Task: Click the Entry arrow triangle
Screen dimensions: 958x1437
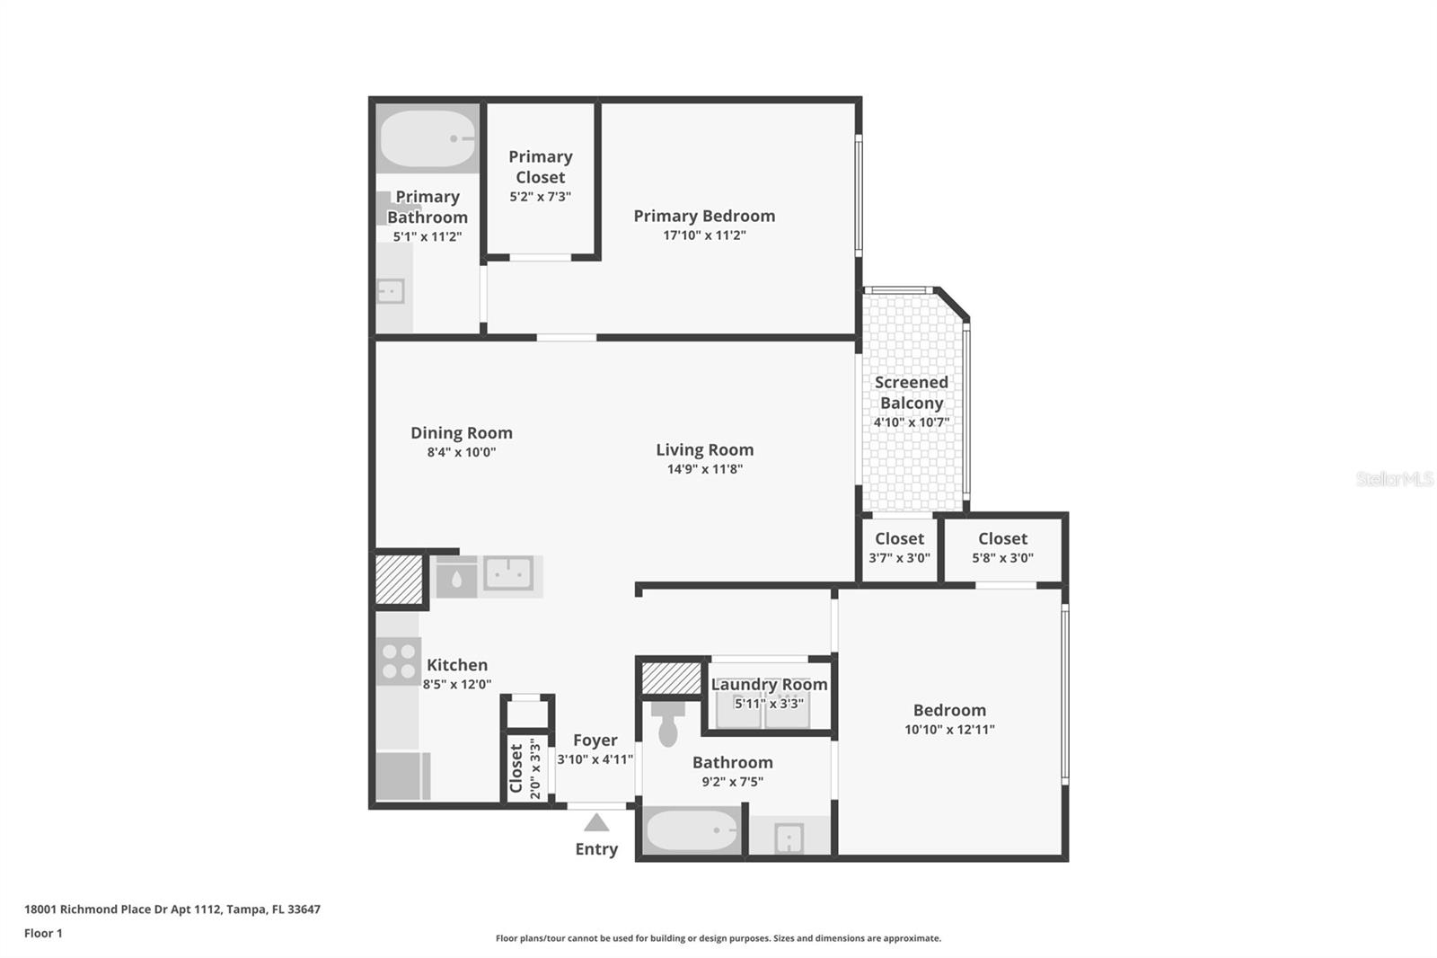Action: (596, 823)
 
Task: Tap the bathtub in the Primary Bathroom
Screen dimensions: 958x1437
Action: (428, 139)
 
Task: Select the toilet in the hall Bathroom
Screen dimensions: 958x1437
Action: (667, 724)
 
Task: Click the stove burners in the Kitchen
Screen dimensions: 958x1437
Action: (398, 661)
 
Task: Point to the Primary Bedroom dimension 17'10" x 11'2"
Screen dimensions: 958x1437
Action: (704, 235)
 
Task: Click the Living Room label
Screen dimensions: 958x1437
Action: (704, 449)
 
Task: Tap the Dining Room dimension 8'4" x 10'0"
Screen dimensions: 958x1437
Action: (461, 452)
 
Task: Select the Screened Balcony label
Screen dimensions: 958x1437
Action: (911, 393)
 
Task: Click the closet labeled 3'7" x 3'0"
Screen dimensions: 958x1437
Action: (899, 547)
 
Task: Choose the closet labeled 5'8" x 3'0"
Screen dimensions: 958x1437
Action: (1002, 547)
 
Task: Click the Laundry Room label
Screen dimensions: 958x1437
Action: (769, 685)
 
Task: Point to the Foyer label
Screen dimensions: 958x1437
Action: (595, 740)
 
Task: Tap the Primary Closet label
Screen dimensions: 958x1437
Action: (540, 167)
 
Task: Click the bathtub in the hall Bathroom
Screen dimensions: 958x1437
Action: (692, 831)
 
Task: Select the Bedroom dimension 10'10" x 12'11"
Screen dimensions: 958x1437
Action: (949, 730)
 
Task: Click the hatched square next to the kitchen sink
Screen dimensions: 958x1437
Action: (399, 580)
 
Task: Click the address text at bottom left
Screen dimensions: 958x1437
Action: (172, 909)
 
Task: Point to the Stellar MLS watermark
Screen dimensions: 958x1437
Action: (1394, 479)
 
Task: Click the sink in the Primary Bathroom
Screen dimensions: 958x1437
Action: (391, 291)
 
